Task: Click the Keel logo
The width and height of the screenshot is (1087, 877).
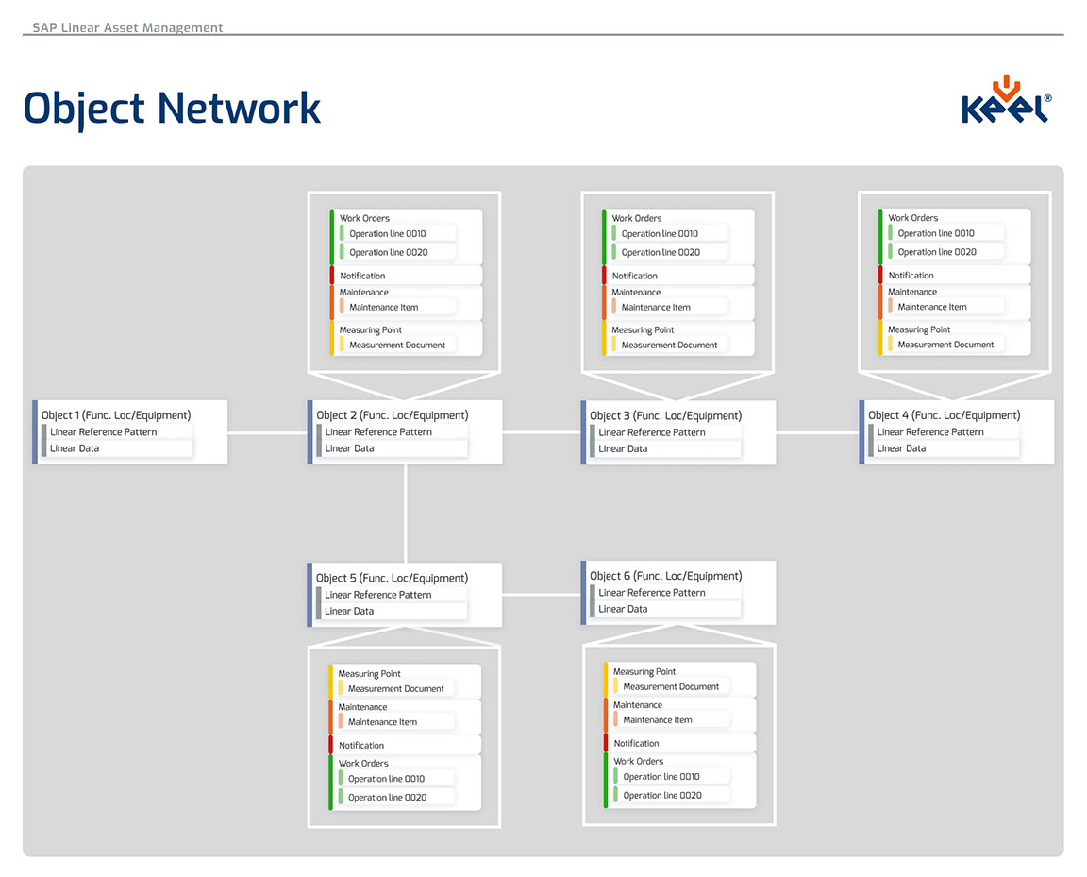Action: point(1006,101)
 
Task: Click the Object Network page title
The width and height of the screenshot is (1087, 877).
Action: point(172,108)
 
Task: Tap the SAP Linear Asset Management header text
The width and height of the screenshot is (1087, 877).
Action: point(127,27)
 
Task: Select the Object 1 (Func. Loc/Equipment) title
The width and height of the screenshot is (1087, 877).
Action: point(116,415)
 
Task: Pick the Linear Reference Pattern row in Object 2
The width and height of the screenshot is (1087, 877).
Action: point(378,432)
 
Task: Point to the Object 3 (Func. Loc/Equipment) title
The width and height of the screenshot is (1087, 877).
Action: point(665,415)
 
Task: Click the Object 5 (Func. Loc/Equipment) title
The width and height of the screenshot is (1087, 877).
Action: point(392,578)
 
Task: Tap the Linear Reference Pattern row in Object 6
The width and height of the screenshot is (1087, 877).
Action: point(651,593)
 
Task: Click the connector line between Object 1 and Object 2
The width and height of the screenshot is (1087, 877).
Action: point(267,433)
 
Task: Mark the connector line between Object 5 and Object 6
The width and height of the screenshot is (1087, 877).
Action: point(541,595)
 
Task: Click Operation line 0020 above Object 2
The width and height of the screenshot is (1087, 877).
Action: point(389,253)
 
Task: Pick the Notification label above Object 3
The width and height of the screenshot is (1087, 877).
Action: point(635,276)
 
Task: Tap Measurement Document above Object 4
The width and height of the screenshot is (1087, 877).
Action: point(946,345)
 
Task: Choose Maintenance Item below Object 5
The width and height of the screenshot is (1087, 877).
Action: point(382,722)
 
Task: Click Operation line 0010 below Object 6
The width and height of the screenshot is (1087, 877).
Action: point(661,777)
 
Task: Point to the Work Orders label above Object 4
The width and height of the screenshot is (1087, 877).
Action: point(912,218)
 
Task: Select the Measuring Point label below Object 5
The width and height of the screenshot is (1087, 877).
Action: point(370,674)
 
